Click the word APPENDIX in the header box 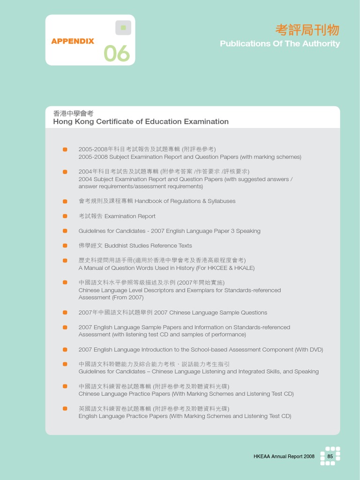(x=73, y=41)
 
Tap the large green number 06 (x=117, y=54)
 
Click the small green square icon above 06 (x=123, y=28)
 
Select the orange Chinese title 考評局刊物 (x=307, y=30)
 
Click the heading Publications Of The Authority (x=280, y=44)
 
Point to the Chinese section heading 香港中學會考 (x=74, y=113)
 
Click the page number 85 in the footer (x=330, y=456)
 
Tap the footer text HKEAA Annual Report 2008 (x=284, y=456)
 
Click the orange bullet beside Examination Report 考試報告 (x=65, y=216)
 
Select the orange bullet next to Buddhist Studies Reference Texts (x=65, y=246)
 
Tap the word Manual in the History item (x=94, y=268)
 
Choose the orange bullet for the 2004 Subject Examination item (x=65, y=172)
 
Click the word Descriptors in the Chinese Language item (x=157, y=290)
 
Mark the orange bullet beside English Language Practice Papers (x=65, y=409)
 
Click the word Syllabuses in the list (x=221, y=201)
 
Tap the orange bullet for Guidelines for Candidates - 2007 (x=65, y=231)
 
